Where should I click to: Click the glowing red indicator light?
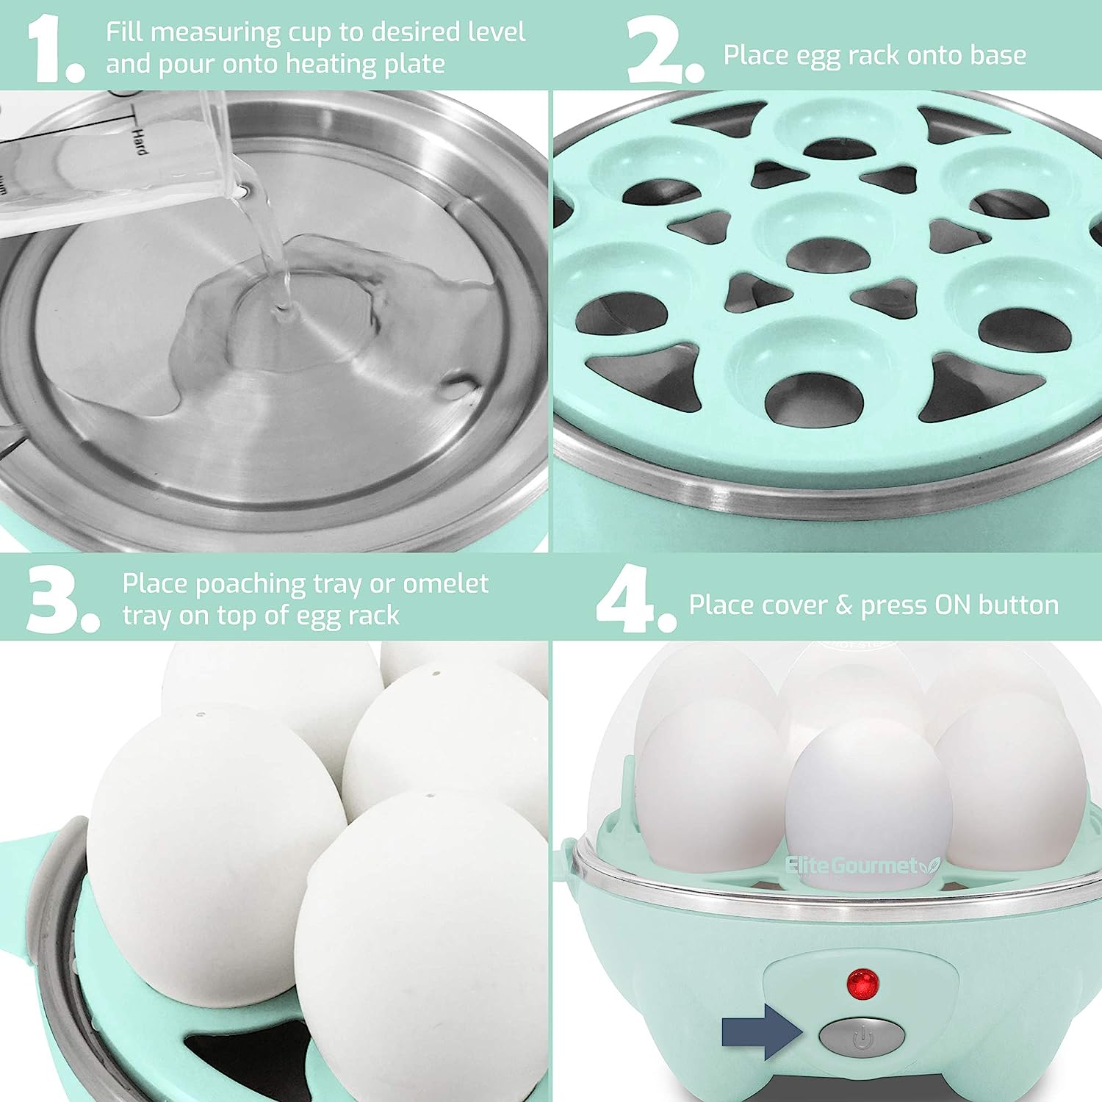click(863, 982)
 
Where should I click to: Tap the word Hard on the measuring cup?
click(138, 140)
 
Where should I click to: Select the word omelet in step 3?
click(445, 583)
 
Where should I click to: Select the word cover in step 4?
click(794, 605)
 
